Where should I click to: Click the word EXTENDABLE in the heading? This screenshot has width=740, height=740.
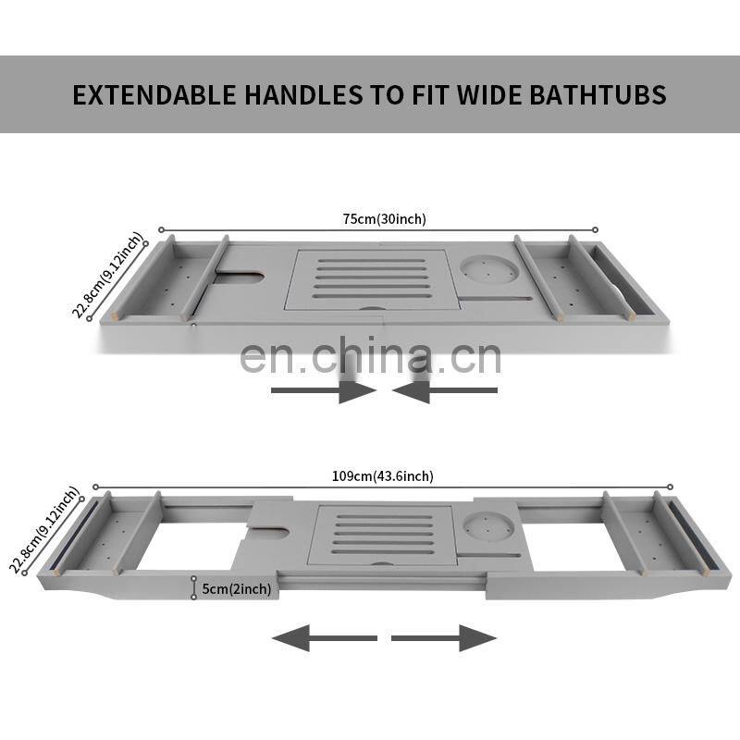(154, 95)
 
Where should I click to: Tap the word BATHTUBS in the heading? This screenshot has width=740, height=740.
(598, 95)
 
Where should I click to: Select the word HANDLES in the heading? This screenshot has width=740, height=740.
(303, 95)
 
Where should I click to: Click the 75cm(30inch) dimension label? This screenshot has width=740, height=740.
(384, 219)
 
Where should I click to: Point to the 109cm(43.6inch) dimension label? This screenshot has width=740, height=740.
(382, 475)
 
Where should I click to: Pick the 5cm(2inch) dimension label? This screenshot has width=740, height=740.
(237, 589)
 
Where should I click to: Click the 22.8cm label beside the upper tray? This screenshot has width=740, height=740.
(107, 275)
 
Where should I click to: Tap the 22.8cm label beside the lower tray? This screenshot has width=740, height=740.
(43, 530)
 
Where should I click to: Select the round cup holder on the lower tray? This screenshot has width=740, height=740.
(488, 526)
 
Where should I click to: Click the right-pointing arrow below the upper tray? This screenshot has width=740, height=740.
(324, 390)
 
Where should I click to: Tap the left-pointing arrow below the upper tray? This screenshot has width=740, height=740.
(445, 390)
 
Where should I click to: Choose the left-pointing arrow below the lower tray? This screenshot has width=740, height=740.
(325, 638)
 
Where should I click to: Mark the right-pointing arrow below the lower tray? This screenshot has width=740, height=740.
(444, 638)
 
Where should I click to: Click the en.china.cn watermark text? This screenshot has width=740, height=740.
(371, 355)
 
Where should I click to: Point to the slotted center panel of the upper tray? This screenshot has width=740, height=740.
(373, 280)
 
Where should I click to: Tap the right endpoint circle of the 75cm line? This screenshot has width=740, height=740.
(595, 229)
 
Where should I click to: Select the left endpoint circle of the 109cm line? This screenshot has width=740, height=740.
(96, 487)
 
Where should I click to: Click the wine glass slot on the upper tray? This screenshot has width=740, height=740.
(239, 277)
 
